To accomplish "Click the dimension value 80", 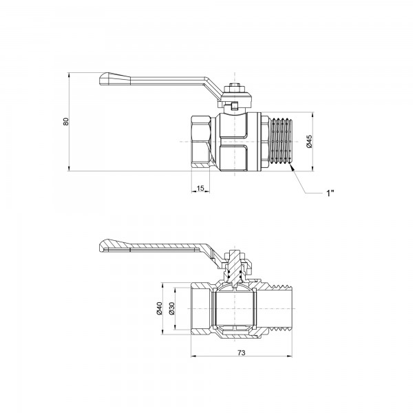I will [66, 121].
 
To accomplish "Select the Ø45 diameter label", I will [310, 142].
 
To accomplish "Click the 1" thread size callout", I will [330, 192].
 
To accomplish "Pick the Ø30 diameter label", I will [173, 311].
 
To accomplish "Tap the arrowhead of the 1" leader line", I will [295, 173].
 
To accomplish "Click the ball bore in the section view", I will [235, 310].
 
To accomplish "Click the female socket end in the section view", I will [200, 310].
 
